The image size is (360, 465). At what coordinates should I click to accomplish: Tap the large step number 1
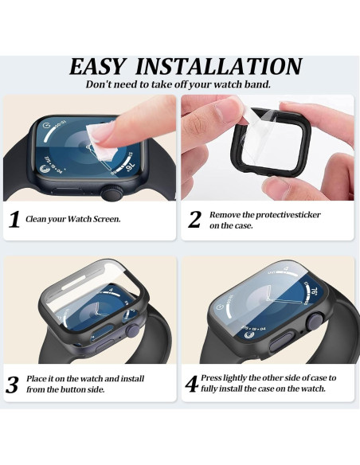click(14, 220)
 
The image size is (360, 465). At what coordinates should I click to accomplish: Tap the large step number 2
click(194, 220)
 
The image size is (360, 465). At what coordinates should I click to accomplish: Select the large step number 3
click(13, 385)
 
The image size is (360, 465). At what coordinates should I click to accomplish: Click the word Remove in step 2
click(223, 214)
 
